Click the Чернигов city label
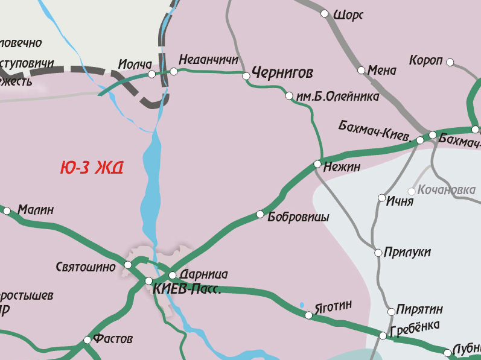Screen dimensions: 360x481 click(282, 74)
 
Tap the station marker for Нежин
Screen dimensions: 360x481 click(317, 164)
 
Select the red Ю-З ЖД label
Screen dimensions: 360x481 click(92, 168)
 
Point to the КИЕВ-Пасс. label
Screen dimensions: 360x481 click(187, 289)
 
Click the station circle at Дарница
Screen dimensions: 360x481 click(172, 275)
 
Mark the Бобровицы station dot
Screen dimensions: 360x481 click(260, 214)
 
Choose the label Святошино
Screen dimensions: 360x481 click(86, 266)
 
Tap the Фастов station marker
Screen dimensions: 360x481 click(88, 340)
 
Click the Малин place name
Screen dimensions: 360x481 click(36, 210)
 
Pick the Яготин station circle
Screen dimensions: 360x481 click(308, 315)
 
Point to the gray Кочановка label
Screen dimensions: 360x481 click(447, 191)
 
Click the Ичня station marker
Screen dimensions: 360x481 click(381, 198)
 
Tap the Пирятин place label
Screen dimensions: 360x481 click(420, 309)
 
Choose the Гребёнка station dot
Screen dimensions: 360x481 click(383, 335)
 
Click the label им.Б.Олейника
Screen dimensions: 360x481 click(337, 96)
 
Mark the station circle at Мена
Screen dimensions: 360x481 click(362, 71)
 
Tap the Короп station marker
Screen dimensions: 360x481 click(450, 62)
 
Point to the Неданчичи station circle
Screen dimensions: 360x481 click(174, 72)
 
